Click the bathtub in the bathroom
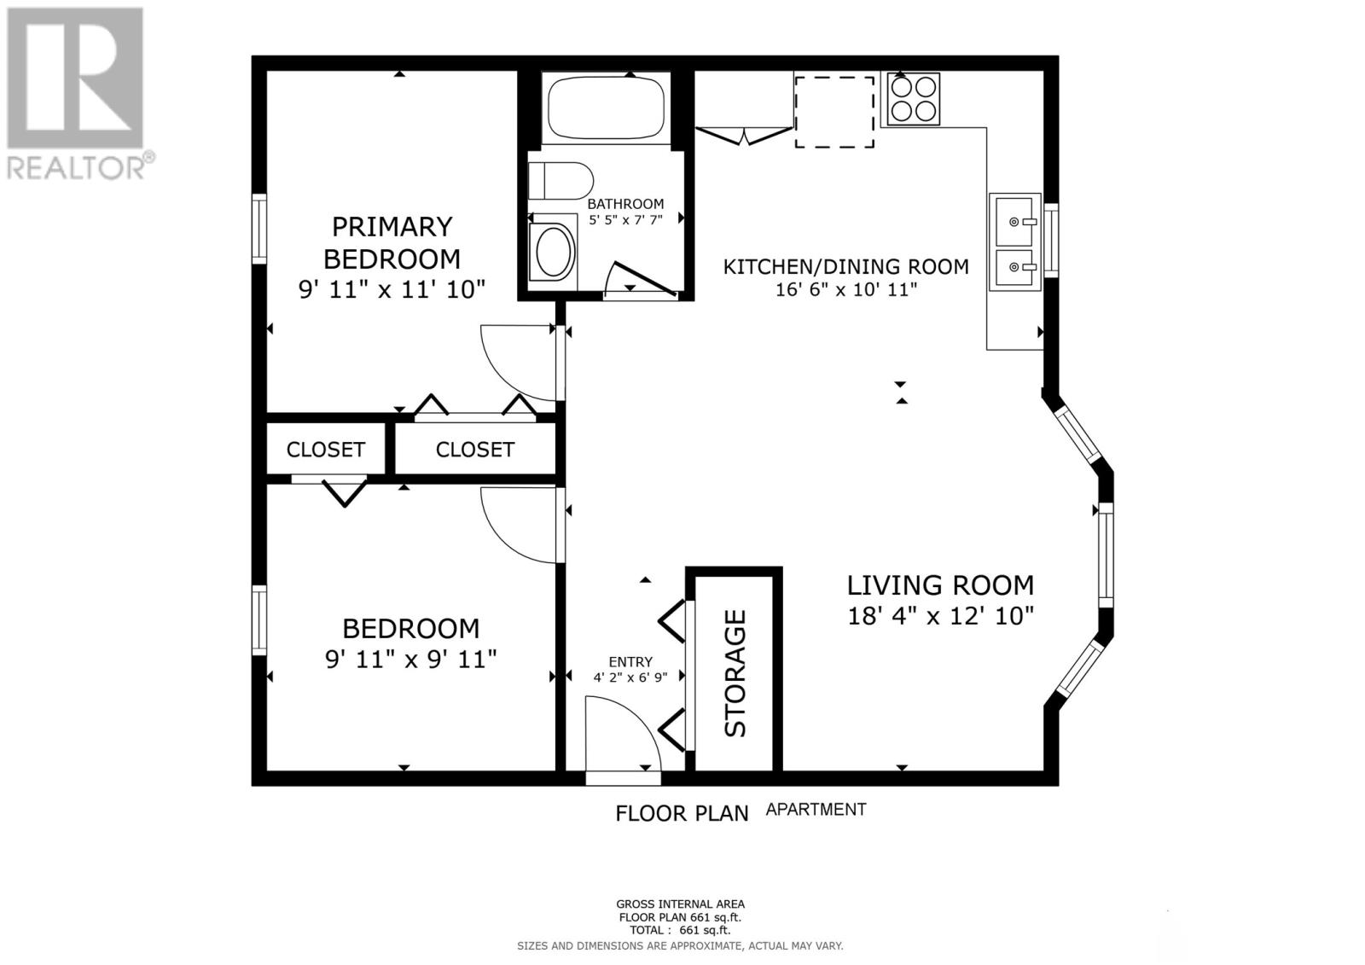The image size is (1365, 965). (606, 108)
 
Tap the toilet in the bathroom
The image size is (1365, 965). (561, 181)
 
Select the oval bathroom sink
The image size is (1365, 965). (553, 252)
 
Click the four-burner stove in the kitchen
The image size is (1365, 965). (913, 99)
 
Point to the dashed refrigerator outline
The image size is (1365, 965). (834, 112)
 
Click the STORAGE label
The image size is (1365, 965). (735, 673)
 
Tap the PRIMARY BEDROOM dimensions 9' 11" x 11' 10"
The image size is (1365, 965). (392, 289)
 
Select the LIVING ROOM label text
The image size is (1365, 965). (940, 585)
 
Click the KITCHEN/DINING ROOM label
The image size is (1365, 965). (845, 266)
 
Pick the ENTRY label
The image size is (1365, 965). (630, 661)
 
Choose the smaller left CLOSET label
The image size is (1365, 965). (325, 450)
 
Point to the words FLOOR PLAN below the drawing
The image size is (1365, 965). (682, 813)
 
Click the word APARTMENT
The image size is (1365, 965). (816, 810)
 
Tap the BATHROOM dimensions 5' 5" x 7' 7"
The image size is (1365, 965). (625, 219)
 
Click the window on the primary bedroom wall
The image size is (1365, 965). (259, 229)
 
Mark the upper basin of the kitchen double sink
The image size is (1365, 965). (1014, 221)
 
